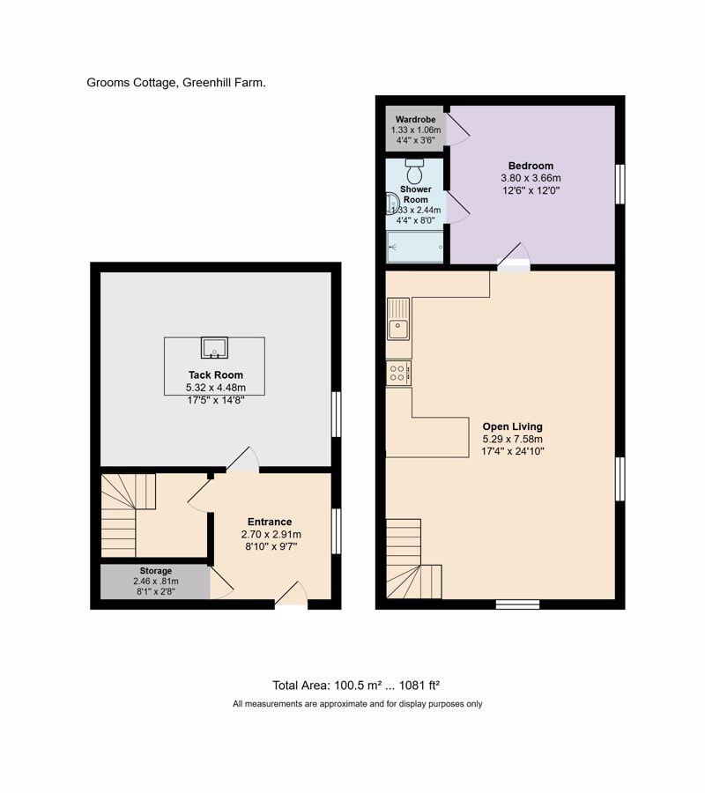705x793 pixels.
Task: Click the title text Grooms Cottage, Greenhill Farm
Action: click(x=176, y=83)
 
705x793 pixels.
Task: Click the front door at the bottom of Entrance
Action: click(x=292, y=598)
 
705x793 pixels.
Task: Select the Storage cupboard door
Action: click(x=219, y=582)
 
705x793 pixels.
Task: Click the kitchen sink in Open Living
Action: click(x=398, y=320)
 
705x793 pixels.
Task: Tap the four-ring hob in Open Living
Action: click(x=397, y=373)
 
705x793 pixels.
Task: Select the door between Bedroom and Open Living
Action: click(x=514, y=258)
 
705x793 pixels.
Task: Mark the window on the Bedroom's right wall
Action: click(x=620, y=184)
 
